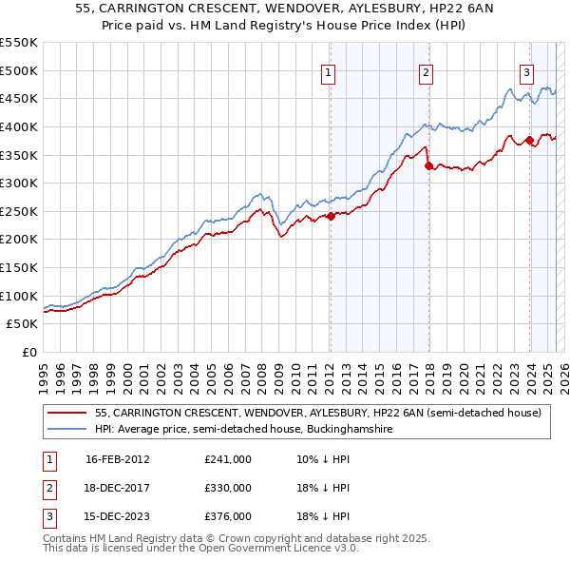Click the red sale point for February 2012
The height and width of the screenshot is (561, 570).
point(331,216)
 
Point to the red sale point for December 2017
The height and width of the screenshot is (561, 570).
point(428,165)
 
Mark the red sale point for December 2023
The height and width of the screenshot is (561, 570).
point(529,140)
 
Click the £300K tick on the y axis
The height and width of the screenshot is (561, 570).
point(19,183)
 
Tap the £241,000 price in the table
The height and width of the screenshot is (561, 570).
point(228,459)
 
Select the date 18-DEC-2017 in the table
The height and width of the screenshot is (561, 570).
point(118,488)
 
